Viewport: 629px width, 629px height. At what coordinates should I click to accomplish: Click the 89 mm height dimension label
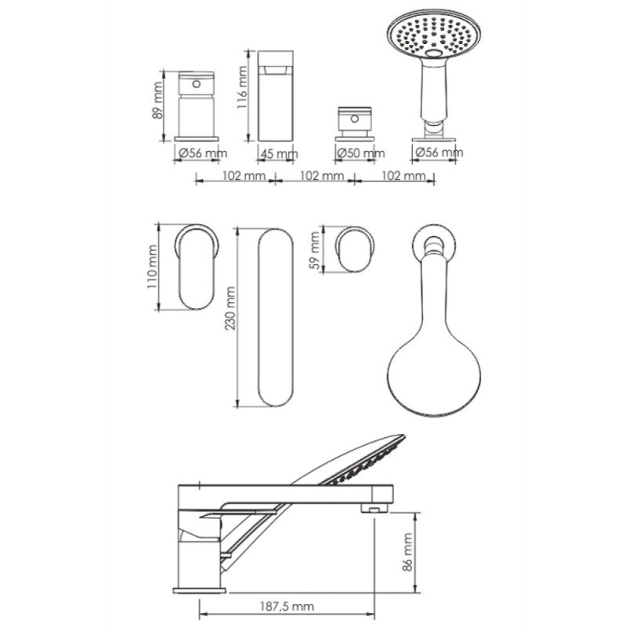coord(158,101)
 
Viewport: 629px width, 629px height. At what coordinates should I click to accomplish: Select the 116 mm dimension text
coord(242,87)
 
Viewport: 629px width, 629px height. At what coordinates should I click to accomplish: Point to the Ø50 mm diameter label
coord(361,153)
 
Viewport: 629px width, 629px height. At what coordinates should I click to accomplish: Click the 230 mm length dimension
coord(230,307)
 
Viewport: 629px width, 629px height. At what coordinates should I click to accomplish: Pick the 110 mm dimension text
coord(152,267)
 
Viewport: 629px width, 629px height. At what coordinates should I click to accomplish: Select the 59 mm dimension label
coord(316,250)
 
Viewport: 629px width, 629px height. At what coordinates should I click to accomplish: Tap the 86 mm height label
coord(407,552)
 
